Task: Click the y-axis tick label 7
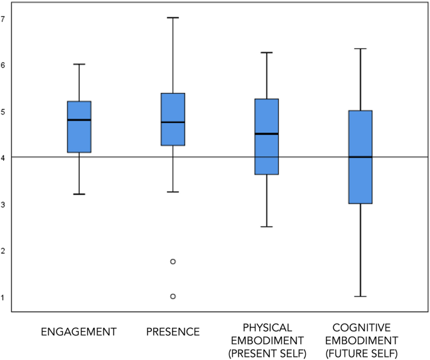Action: [3, 19]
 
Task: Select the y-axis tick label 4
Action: [3, 158]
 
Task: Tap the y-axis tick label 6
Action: [3, 65]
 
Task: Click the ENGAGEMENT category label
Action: [78, 331]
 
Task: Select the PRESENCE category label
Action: [173, 331]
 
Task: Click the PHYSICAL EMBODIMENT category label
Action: [267, 340]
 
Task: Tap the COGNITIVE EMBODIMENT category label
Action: [360, 340]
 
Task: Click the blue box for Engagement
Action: [79, 127]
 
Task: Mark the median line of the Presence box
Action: [173, 122]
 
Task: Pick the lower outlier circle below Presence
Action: [173, 296]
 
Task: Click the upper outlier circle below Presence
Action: [173, 261]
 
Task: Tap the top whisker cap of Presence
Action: [173, 18]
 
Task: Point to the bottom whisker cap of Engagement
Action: [79, 194]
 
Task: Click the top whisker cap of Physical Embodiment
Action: [267, 52]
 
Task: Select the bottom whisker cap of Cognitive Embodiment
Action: [360, 296]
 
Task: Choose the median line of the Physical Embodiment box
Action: [267, 134]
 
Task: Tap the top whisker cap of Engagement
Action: [79, 64]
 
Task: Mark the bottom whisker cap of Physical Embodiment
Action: [267, 226]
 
